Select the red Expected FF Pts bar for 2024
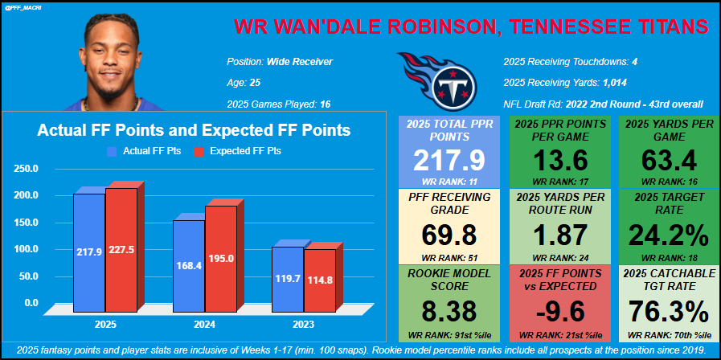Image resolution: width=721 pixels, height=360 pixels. click(221, 258)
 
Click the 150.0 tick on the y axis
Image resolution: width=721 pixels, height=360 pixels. click(27, 222)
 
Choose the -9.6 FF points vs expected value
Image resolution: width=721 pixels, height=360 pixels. click(557, 310)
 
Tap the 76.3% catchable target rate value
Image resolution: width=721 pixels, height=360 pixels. click(663, 310)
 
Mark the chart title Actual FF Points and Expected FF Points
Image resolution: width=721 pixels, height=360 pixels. click(194, 129)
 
